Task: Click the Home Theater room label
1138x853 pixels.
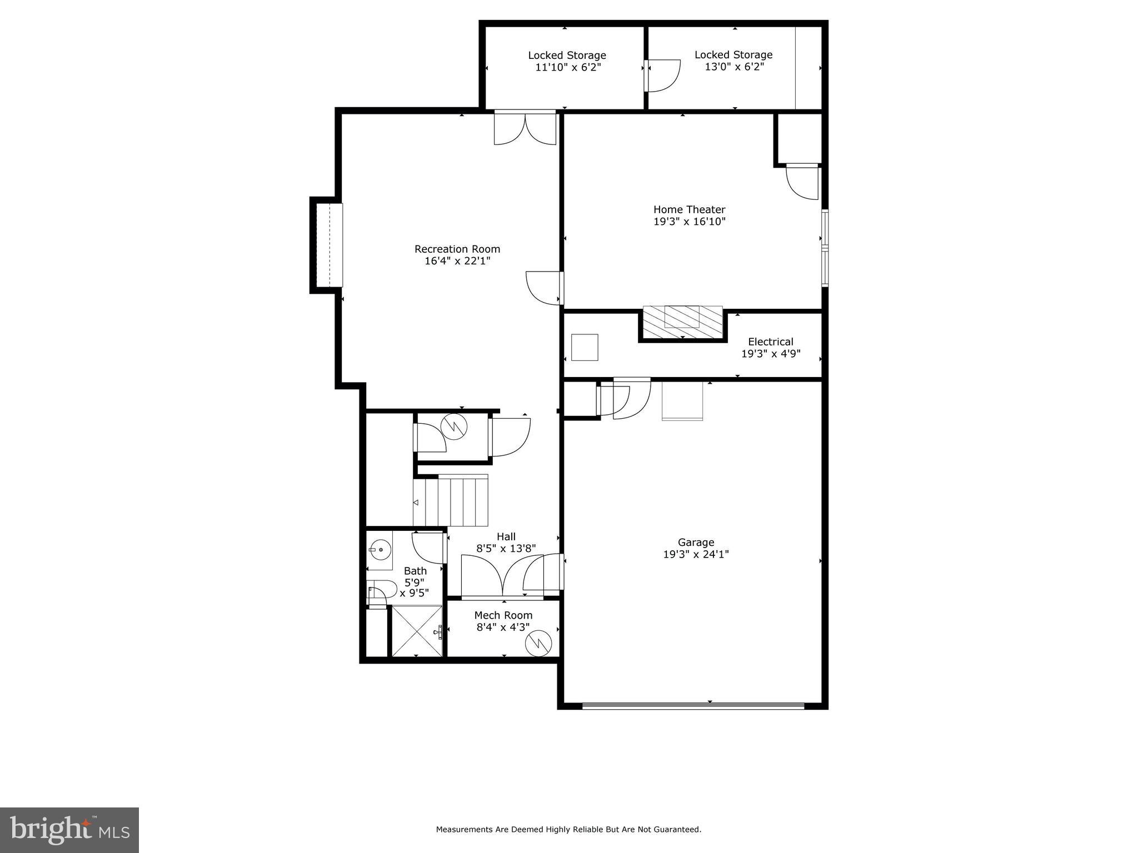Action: tap(689, 209)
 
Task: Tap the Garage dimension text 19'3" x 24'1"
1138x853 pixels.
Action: tap(696, 554)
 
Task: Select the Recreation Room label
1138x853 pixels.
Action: tap(457, 249)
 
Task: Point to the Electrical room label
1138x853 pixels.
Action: tap(770, 342)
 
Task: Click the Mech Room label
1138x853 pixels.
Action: tap(503, 615)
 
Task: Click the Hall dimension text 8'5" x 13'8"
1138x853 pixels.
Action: tap(506, 548)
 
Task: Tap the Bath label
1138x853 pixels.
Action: tap(415, 571)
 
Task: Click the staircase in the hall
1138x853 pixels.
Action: tap(451, 500)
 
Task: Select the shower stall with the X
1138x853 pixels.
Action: tap(417, 631)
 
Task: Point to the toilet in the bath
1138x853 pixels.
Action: tap(381, 590)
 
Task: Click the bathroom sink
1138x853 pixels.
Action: tap(380, 550)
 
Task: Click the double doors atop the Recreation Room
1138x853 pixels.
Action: tap(525, 128)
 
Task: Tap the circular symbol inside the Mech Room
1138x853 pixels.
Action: tap(538, 643)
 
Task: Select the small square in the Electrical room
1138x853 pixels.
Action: tap(585, 347)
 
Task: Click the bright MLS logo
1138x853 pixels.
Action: tap(69, 830)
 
